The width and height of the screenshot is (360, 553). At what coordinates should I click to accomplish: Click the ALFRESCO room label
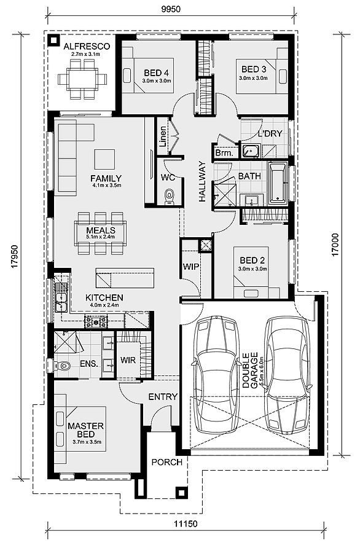pyautogui.click(x=87, y=46)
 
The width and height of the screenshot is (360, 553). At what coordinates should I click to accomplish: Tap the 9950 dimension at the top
pyautogui.click(x=171, y=9)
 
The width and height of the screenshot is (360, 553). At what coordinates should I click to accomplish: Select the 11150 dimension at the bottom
pyautogui.click(x=186, y=524)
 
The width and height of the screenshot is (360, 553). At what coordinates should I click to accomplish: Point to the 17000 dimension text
pyautogui.click(x=337, y=244)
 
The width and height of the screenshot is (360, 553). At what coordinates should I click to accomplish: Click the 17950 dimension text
pyautogui.click(x=14, y=256)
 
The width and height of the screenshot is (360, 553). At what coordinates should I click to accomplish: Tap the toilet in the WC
pyautogui.click(x=170, y=197)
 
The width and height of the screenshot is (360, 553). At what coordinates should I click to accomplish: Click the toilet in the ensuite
pyautogui.click(x=62, y=366)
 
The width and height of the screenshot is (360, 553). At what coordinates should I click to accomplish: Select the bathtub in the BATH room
pyautogui.click(x=278, y=183)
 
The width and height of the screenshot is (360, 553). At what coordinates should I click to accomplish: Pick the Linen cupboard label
pyautogui.click(x=163, y=136)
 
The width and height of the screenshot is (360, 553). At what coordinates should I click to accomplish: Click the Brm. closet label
pyautogui.click(x=224, y=153)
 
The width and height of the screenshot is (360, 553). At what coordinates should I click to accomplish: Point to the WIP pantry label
pyautogui.click(x=191, y=267)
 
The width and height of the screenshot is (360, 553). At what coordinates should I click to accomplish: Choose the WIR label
pyautogui.click(x=128, y=360)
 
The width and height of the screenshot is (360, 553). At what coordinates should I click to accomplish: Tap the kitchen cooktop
pyautogui.click(x=96, y=321)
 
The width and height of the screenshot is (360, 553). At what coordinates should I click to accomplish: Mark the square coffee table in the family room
pyautogui.click(x=104, y=159)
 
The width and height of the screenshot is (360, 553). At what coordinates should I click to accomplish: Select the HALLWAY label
pyautogui.click(x=202, y=181)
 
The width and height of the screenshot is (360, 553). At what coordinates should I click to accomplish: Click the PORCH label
pyautogui.click(x=167, y=462)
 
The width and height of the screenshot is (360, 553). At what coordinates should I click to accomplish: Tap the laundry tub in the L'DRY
pyautogui.click(x=251, y=151)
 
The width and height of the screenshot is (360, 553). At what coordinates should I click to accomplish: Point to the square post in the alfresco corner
pyautogui.click(x=54, y=41)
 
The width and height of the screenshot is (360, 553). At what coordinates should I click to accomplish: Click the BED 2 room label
pyautogui.click(x=252, y=261)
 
